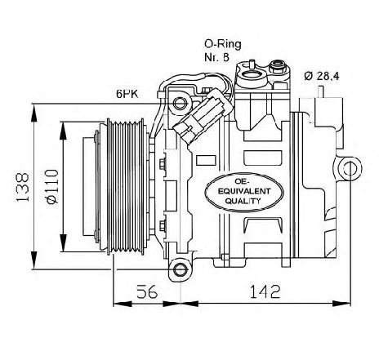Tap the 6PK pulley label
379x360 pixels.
tap(126, 96)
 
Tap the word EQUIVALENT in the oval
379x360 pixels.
tap(239, 192)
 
